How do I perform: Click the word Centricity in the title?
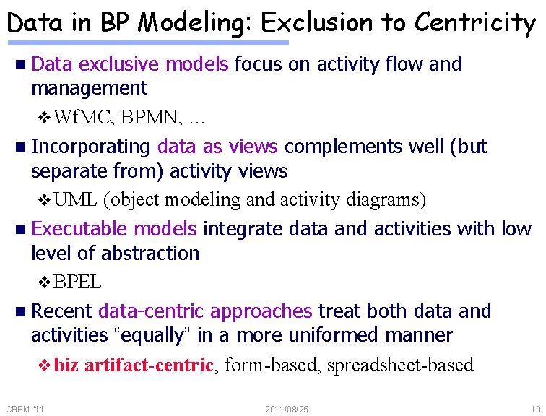point(474,23)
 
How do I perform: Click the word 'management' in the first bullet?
point(89,89)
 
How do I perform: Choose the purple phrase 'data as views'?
point(217,147)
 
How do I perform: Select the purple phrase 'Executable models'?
point(114,229)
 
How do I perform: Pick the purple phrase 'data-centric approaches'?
point(205,311)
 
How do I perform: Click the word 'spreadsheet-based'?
point(400,365)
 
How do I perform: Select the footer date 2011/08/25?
point(287,409)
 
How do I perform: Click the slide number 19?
point(535,409)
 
